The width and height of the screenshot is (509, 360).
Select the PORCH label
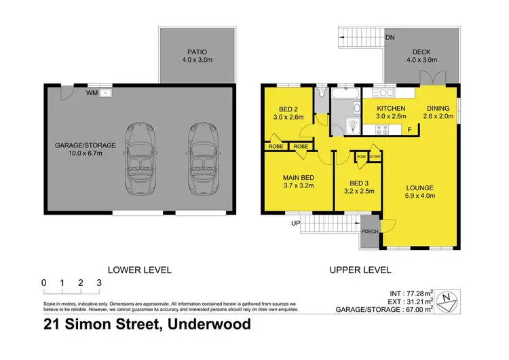pyautogui.click(x=370, y=232)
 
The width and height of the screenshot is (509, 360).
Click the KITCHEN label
pyautogui.click(x=391, y=109)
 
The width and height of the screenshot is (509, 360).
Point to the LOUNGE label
pyautogui.click(x=421, y=188)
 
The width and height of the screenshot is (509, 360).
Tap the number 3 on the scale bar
pyautogui.click(x=99, y=282)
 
